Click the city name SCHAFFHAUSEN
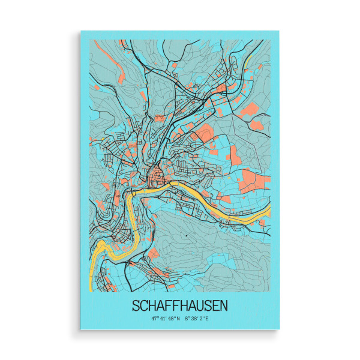[180, 305]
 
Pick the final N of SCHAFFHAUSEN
[223, 305]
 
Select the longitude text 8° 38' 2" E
[197, 319]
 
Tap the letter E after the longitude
[207, 319]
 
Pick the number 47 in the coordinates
[154, 319]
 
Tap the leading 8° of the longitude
[187, 319]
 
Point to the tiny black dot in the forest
[187, 236]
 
